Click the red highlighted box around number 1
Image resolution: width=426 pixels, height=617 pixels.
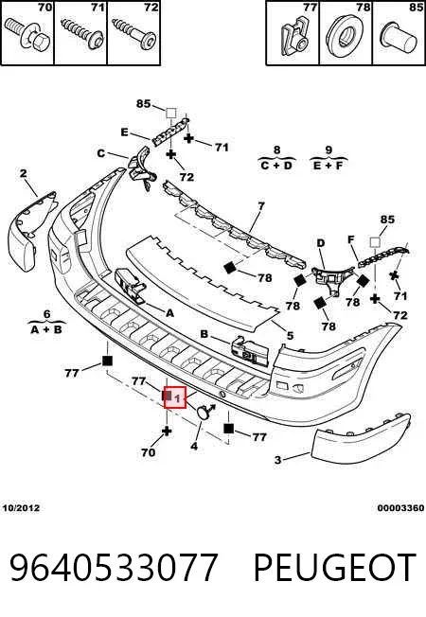coord(175,397)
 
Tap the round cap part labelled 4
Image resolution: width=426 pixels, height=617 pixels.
coord(204,412)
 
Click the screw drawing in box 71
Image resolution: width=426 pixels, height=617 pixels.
coord(81,35)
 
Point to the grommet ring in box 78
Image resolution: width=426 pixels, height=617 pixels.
coord(346,33)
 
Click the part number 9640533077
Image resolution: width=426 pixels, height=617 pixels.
coord(114,568)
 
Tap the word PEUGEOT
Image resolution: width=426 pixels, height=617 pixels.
coord(335,568)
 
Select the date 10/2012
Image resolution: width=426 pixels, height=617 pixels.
coord(21,508)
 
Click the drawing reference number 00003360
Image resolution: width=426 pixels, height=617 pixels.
coord(400,508)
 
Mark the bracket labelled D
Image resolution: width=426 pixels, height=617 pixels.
coord(331,278)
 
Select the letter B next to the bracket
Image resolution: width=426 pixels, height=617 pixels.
coord(204,334)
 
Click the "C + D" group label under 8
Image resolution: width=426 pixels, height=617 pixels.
coord(276,166)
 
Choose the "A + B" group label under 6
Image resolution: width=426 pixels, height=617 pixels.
coord(46,329)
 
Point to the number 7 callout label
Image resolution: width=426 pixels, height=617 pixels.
coord(261,205)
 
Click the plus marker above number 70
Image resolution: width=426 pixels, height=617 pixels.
coord(167,431)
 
